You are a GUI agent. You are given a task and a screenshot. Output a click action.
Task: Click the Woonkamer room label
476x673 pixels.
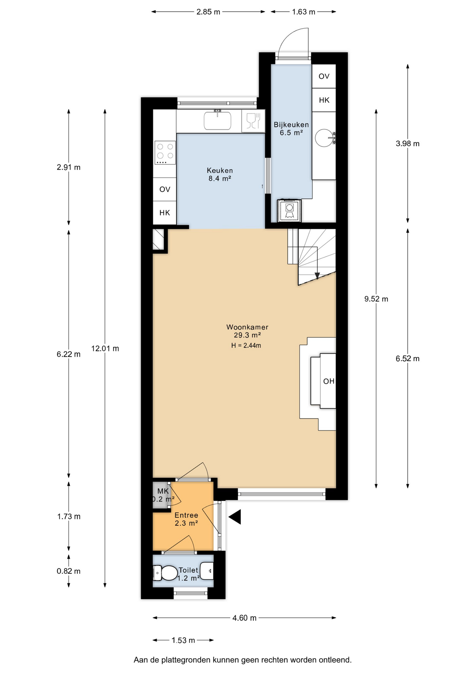click(x=247, y=327)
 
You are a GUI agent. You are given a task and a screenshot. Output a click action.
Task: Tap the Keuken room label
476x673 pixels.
click(x=220, y=171)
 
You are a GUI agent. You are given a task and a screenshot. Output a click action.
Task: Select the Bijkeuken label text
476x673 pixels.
click(x=291, y=124)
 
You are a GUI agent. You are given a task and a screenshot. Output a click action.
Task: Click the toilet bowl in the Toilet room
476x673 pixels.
click(x=165, y=573)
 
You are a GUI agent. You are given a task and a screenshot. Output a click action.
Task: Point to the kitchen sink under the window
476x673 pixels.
click(x=217, y=120)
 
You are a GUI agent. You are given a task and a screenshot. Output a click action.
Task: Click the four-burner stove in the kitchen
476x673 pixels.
click(x=165, y=152)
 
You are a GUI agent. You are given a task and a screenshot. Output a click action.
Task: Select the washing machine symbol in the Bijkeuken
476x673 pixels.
click(x=289, y=211)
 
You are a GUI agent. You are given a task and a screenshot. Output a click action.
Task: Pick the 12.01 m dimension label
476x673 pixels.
click(x=105, y=348)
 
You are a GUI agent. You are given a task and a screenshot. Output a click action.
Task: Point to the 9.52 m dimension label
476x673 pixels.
click(x=376, y=299)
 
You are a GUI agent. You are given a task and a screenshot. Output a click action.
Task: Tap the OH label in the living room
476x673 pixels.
click(x=329, y=381)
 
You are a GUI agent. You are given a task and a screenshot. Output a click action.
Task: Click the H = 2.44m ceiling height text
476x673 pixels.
click(x=246, y=345)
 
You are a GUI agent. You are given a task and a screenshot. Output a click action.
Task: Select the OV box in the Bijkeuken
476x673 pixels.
click(x=324, y=76)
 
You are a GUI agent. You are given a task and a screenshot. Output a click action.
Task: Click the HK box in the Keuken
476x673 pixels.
click(x=165, y=213)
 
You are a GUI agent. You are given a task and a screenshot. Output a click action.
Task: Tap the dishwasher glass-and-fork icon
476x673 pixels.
click(x=253, y=121)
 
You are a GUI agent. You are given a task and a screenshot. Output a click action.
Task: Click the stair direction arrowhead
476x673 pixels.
click(x=317, y=276)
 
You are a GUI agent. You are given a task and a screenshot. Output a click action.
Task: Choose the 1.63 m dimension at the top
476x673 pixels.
click(x=304, y=12)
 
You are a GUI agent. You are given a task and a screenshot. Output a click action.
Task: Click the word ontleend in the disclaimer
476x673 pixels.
click(x=335, y=660)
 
